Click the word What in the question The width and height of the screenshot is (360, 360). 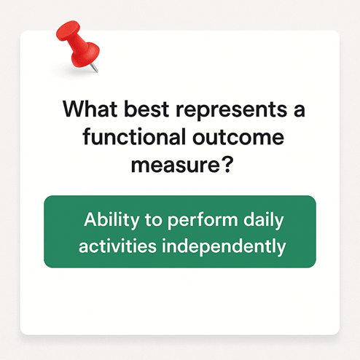coord(90,109)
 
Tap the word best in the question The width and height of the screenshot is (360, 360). coord(146,109)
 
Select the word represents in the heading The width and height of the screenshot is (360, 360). coord(232,110)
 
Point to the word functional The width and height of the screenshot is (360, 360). coord(134,136)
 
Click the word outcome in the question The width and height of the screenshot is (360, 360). coord(238,138)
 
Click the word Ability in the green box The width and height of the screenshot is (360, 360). coord(111,220)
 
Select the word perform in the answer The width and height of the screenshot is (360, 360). coord(203,220)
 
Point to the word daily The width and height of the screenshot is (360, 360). coord(264,220)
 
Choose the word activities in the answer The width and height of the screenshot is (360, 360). coord(117,246)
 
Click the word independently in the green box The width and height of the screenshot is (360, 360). coord(224,246)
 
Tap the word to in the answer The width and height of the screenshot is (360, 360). coord(153,221)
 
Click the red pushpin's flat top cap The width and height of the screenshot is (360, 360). coord(69,31)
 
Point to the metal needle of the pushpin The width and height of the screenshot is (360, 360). coord(94,68)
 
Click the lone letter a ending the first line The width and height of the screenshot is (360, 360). coord(300,111)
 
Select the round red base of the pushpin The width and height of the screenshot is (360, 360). coord(85,55)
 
